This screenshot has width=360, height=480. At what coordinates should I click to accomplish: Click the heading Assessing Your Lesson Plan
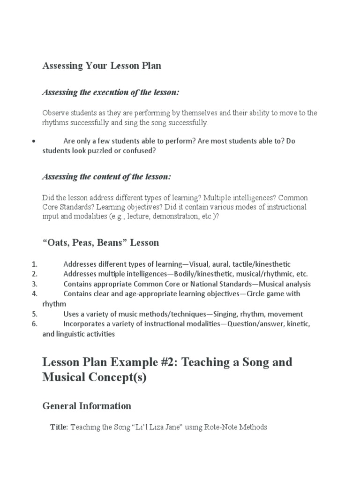click(102, 66)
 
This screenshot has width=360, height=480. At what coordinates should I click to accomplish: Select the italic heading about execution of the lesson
click(111, 92)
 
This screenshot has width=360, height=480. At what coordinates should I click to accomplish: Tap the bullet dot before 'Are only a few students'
click(33, 141)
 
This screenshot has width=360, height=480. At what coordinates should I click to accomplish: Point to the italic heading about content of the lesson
click(106, 177)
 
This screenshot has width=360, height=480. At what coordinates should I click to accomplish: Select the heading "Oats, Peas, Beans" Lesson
click(101, 243)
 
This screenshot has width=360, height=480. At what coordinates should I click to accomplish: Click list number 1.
click(34, 264)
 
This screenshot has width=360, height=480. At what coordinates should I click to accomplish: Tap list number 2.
click(34, 274)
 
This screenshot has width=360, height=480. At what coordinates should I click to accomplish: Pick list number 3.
click(34, 284)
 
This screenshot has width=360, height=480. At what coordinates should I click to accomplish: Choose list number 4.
click(34, 294)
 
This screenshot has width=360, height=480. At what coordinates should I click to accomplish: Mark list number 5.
click(34, 314)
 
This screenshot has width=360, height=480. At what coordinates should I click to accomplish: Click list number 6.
click(34, 324)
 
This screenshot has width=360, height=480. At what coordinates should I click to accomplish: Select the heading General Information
click(87, 406)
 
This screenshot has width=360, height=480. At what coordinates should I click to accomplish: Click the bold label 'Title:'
click(59, 427)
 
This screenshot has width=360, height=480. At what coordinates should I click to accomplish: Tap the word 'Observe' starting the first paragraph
click(55, 113)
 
